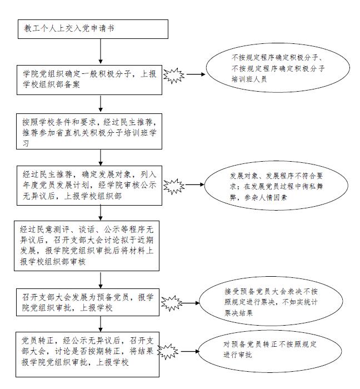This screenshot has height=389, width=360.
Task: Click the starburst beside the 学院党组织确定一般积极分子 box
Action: coord(174,76)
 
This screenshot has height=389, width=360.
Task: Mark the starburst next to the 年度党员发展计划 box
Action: coord(174,186)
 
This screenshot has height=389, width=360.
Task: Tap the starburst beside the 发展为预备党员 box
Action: coord(172,303)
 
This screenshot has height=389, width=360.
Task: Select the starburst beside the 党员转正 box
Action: coord(168,352)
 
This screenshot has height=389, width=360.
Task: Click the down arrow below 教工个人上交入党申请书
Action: coord(101,51)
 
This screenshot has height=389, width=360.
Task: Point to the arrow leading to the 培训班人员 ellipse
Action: coord(196,74)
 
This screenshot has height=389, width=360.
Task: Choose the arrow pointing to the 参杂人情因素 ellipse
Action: coord(194,184)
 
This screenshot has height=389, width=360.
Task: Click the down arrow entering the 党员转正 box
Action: coord(101,324)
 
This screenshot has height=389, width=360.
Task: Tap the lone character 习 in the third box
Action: coord(26,143)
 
